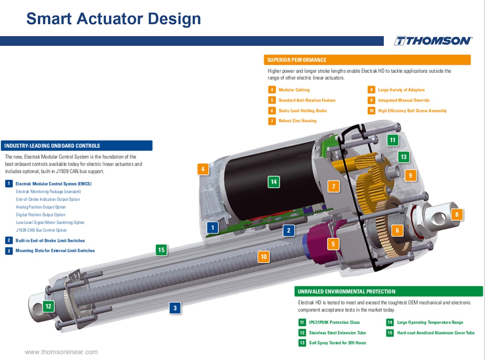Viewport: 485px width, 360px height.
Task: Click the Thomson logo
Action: click(432, 41)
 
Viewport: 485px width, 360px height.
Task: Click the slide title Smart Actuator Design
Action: click(114, 19)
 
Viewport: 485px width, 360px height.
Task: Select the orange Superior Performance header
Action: click(367, 60)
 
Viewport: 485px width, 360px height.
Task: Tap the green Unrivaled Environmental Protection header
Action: click(388, 291)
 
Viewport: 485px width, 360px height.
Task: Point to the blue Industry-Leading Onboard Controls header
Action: click(77, 145)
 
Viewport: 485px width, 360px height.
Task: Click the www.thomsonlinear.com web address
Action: click(61, 352)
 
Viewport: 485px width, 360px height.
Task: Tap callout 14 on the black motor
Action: click(274, 182)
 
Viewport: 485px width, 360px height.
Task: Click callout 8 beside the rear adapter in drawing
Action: click(457, 215)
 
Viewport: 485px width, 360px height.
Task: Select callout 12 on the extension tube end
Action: click(48, 306)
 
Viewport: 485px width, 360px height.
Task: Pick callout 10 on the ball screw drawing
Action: click(264, 257)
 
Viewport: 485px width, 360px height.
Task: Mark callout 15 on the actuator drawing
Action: click(161, 250)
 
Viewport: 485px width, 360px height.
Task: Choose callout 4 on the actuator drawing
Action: click(203, 169)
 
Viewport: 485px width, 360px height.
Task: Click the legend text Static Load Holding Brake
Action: click(302, 111)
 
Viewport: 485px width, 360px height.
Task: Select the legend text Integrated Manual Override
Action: click(403, 100)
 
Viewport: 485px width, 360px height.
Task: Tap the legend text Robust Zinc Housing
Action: click(297, 121)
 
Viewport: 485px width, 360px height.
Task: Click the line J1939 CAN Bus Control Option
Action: click(41, 230)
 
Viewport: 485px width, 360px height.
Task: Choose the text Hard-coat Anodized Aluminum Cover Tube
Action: click(436, 333)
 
